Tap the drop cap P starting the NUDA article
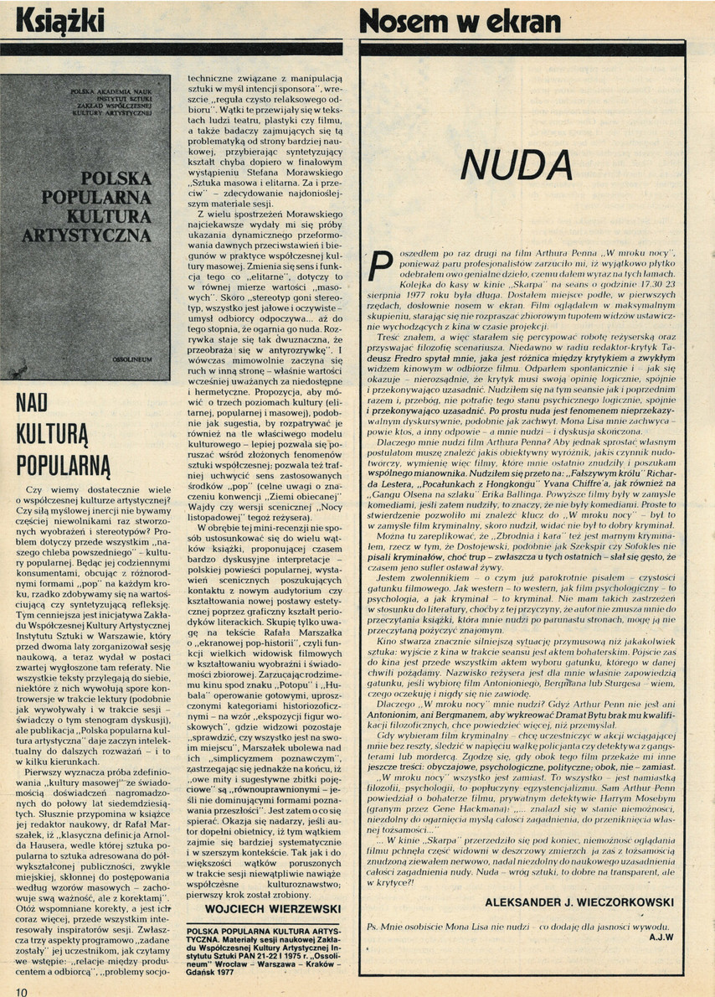coord(378,264)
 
